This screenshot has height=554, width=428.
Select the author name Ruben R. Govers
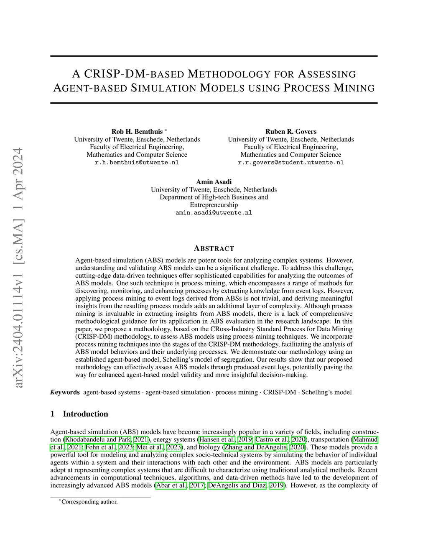pyautogui.click(x=290, y=132)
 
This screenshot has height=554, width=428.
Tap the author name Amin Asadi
pyautogui.click(x=214, y=182)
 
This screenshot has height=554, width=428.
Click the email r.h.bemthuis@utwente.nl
pyautogui.click(x=137, y=163)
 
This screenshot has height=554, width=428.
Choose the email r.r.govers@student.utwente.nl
pyautogui.click(x=290, y=163)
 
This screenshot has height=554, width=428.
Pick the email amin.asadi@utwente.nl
pyautogui.click(x=214, y=213)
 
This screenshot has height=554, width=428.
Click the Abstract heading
pyautogui.click(x=214, y=249)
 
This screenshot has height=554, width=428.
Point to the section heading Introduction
pyautogui.click(x=85, y=414)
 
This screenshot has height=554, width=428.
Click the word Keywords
pyautogui.click(x=65, y=392)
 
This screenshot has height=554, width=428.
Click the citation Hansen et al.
pyautogui.click(x=217, y=439)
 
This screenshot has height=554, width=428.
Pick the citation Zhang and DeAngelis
pyautogui.click(x=255, y=447)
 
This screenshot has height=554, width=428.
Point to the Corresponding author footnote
pyautogui.click(x=89, y=502)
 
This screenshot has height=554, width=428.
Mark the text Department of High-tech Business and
pyautogui.click(x=214, y=197)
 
